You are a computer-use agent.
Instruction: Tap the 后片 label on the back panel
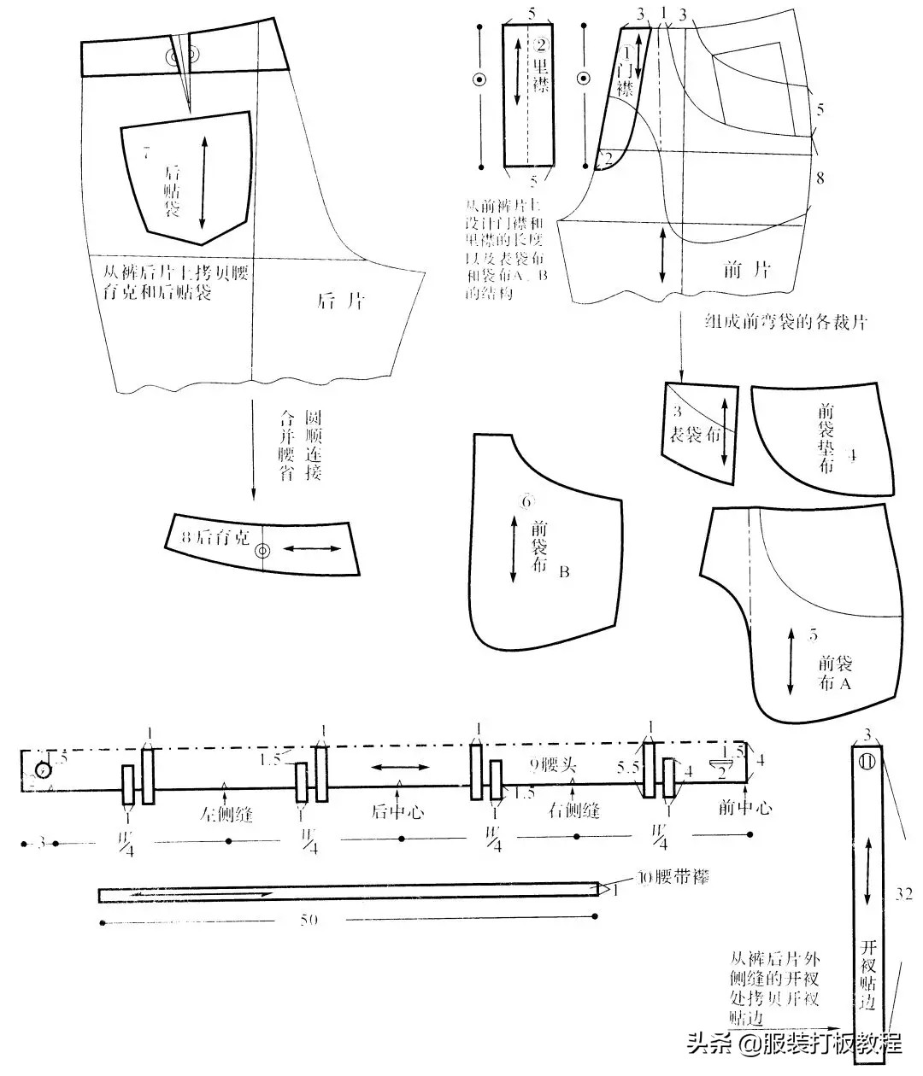tap(341, 301)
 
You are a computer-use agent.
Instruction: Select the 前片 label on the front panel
tap(746, 270)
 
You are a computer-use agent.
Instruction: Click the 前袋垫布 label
tap(826, 439)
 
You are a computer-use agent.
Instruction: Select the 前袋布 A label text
tap(835, 673)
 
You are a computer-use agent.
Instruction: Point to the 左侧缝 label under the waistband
tap(226, 814)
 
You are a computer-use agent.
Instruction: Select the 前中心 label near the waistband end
tap(745, 806)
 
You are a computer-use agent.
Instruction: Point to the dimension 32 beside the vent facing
tap(904, 894)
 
